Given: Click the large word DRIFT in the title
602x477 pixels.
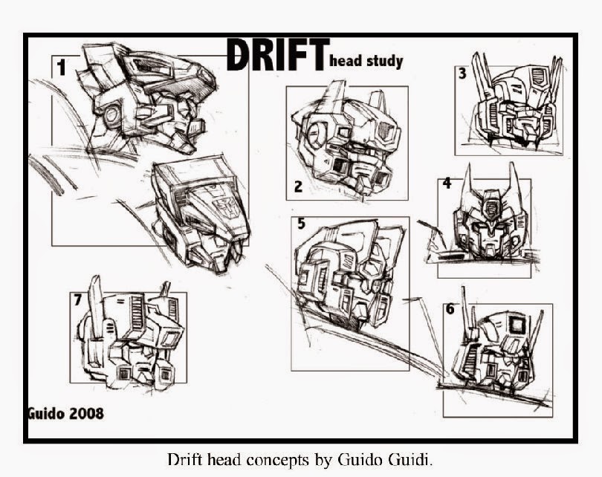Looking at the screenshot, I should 276,56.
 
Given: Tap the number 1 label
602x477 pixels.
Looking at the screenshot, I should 61,68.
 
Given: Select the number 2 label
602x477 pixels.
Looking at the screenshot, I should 298,186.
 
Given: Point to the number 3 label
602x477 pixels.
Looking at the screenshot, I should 462,74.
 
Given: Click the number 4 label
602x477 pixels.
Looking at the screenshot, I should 447,183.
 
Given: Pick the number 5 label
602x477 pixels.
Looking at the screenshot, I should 301,222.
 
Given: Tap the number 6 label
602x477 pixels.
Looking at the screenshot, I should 450,309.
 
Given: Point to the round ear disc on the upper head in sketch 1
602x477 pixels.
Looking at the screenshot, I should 113,114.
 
